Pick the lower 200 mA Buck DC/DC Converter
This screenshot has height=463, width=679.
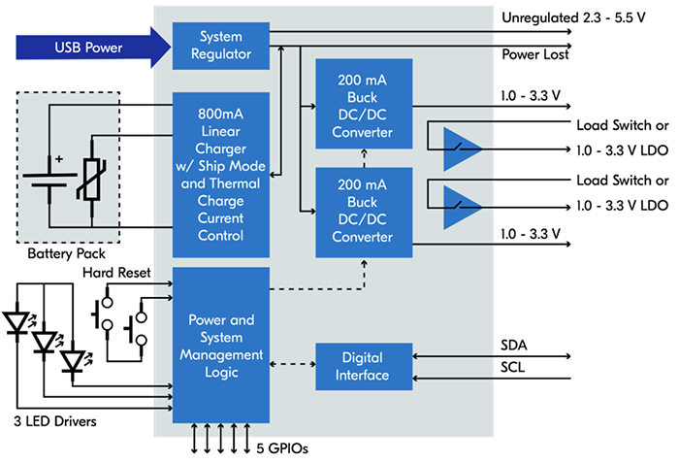pyautogui.click(x=365, y=211)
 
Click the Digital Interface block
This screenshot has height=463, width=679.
pyautogui.click(x=365, y=366)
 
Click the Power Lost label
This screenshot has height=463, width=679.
pyautogui.click(x=534, y=55)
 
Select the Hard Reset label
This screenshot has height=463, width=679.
pyautogui.click(x=116, y=273)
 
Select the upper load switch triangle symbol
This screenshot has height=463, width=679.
pyautogui.click(x=464, y=147)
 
